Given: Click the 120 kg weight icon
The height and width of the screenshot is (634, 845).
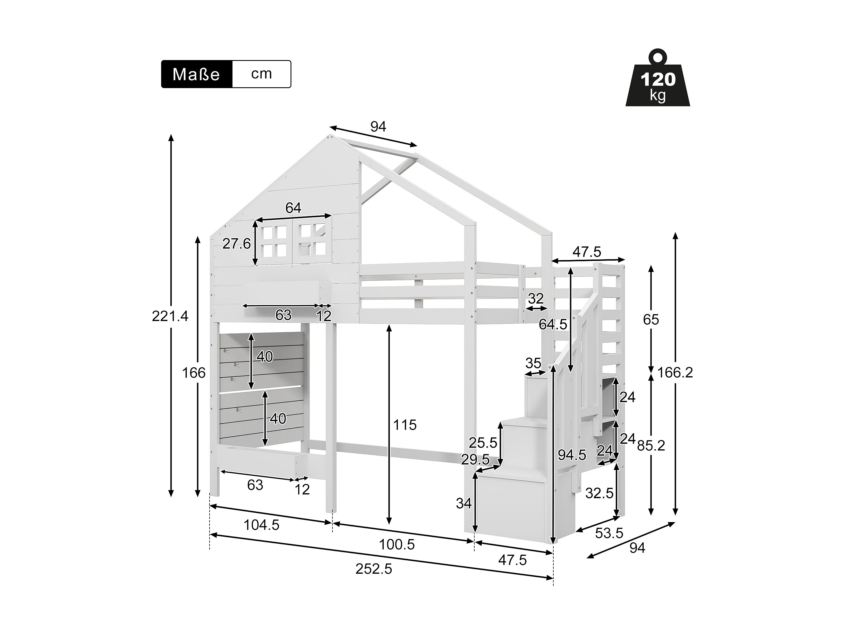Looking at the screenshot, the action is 658,82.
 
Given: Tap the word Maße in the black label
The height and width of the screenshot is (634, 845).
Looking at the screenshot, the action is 196,74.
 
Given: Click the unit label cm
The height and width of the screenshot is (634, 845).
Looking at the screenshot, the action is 261,73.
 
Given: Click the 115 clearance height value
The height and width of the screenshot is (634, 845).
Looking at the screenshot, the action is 405,425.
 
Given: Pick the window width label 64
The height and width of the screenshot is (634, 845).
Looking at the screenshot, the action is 293,208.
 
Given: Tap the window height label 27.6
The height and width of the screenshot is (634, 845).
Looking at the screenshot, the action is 236,243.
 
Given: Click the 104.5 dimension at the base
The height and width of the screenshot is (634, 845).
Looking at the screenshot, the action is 261,525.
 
